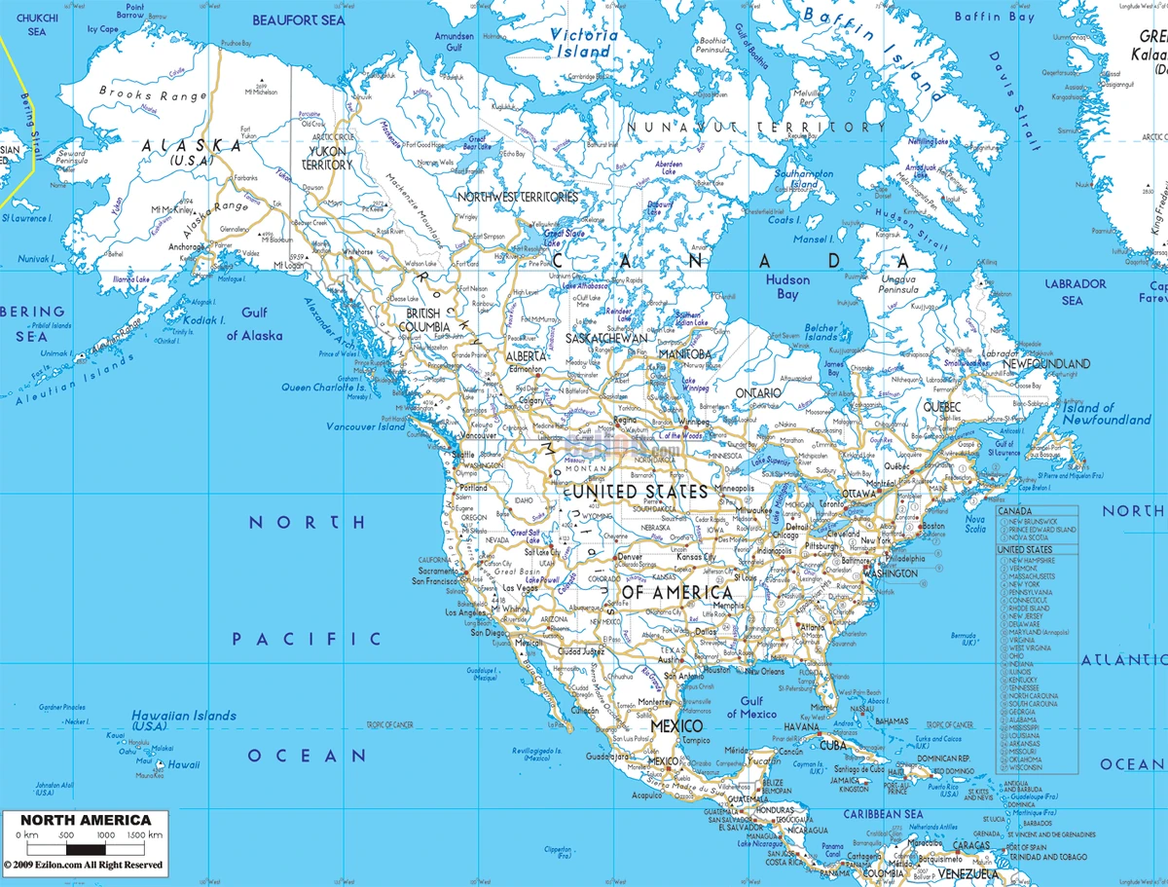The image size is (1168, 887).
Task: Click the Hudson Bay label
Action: point(787,286)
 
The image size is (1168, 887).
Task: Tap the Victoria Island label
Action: point(583,43)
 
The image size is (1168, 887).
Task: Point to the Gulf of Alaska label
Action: point(255,323)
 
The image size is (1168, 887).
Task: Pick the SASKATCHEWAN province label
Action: point(606,337)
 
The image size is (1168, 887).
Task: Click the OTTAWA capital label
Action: point(860,494)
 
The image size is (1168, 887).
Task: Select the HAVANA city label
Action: point(802,726)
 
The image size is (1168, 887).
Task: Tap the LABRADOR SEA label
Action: point(1076,291)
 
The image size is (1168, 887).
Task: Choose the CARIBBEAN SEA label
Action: point(883,814)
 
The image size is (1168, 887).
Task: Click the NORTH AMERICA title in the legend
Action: point(87,820)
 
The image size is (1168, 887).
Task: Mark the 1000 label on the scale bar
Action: point(105,835)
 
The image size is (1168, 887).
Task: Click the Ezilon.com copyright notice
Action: point(83,864)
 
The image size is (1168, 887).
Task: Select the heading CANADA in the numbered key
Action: point(1016,511)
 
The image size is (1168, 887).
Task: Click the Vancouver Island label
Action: point(364,426)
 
